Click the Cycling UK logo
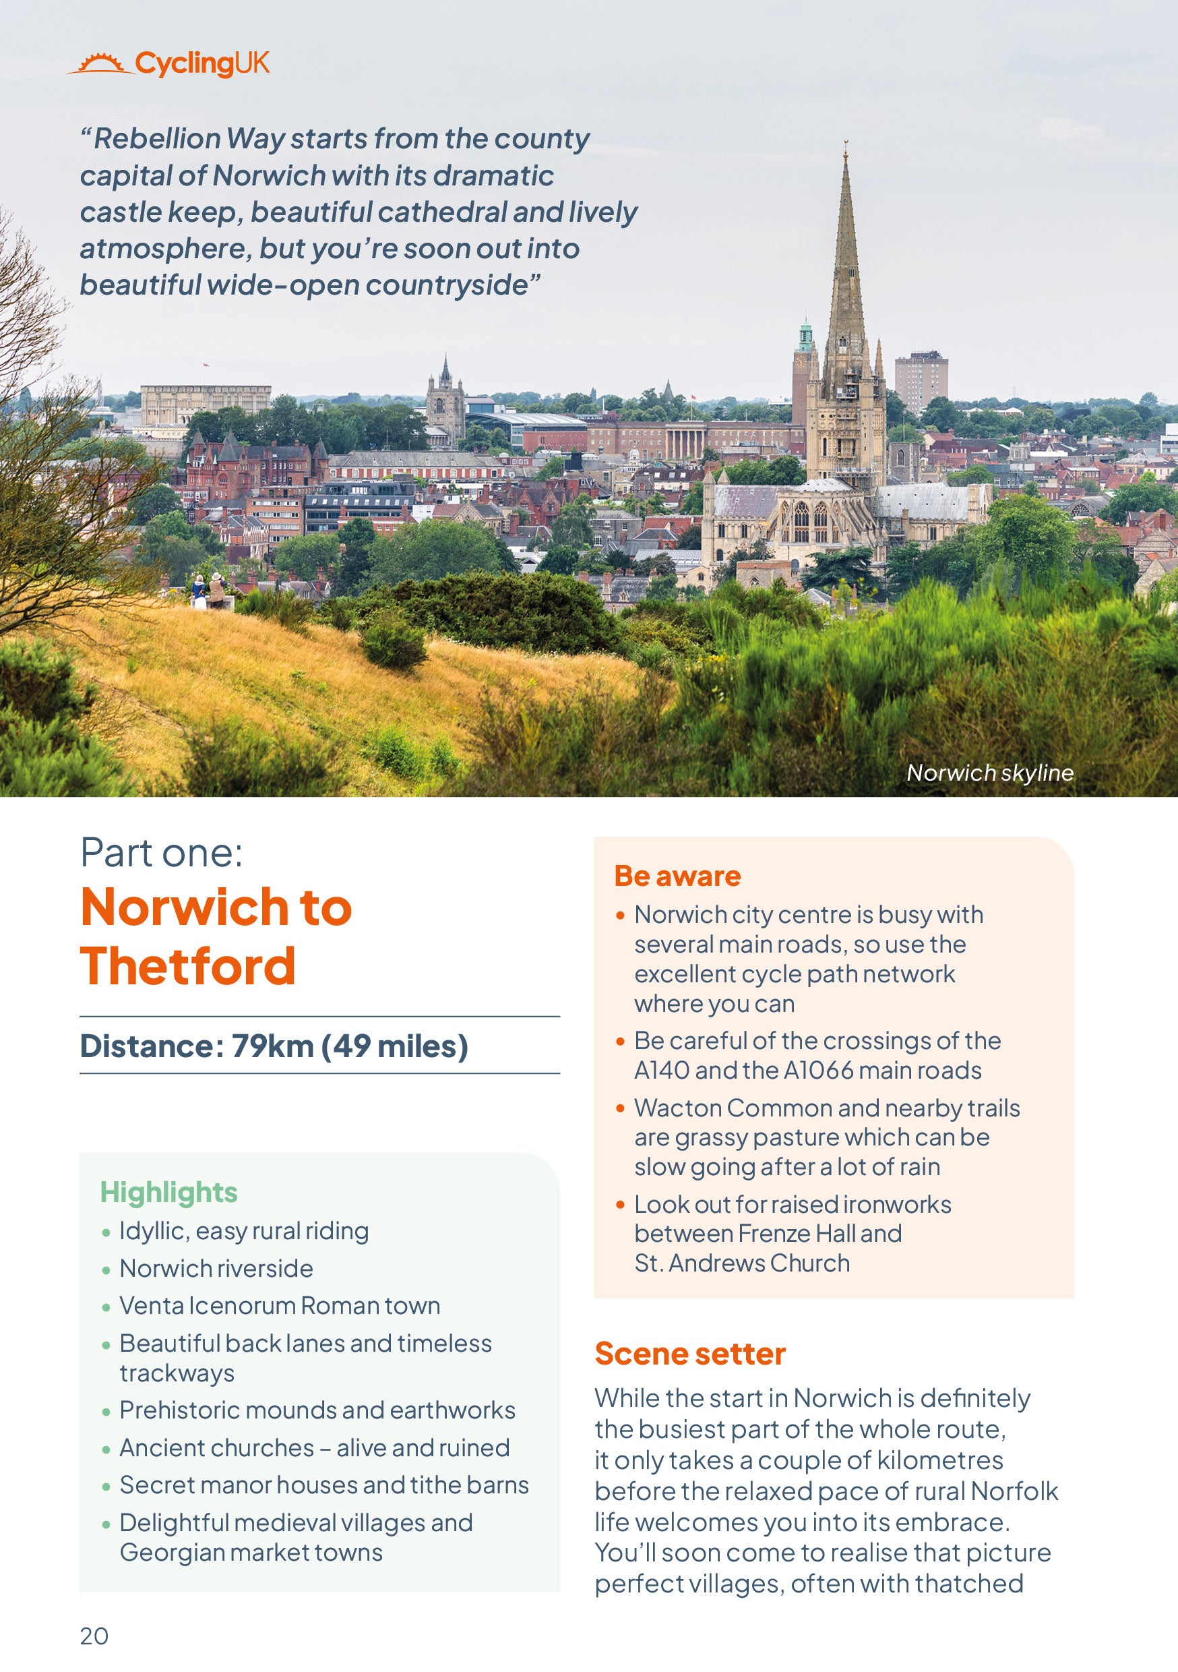(x=169, y=64)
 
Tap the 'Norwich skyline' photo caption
(x=989, y=773)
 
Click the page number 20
(x=94, y=1636)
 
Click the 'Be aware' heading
(x=677, y=876)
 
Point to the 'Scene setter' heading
(x=690, y=1354)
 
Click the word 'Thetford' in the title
(x=188, y=966)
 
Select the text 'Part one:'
(x=162, y=852)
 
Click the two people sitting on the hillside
(x=208, y=589)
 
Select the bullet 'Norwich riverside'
(x=216, y=1269)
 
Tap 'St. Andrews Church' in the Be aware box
(x=742, y=1263)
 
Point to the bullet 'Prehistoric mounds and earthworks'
(x=317, y=1410)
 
